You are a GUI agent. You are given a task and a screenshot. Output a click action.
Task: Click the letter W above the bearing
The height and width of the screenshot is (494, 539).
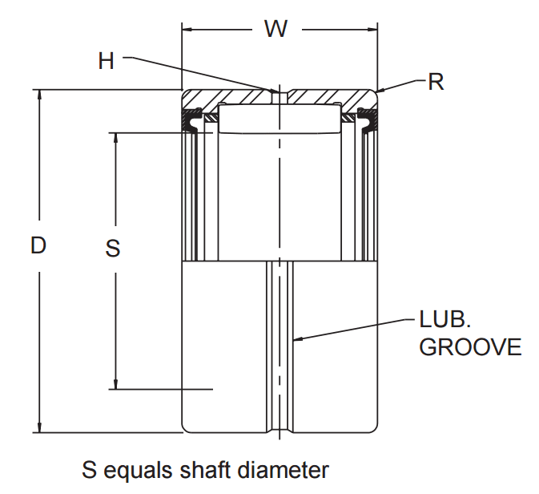276,30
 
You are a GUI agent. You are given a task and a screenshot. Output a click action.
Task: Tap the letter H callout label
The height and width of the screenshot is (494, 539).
107,61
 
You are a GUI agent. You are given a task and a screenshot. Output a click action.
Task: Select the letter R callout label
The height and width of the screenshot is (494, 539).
436,82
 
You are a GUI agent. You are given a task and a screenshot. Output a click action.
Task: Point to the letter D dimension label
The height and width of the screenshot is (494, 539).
38,245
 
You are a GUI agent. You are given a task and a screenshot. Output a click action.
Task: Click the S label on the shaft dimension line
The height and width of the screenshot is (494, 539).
114,249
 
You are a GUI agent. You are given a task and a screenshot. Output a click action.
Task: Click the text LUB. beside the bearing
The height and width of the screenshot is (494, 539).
444,320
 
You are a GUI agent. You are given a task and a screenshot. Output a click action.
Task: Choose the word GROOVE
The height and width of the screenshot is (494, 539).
471,347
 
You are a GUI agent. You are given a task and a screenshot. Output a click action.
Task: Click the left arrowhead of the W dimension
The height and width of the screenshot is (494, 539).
188,30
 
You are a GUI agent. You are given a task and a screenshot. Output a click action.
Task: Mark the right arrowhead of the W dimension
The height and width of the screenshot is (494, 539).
372,30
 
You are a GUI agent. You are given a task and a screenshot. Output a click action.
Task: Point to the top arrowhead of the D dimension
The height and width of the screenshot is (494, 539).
38,94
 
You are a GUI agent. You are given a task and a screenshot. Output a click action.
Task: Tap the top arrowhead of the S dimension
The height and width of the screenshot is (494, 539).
116,136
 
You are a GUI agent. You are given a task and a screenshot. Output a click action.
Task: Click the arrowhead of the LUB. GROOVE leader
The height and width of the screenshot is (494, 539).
298,339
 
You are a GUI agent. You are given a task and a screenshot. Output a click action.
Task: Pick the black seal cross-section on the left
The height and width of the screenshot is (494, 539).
192,121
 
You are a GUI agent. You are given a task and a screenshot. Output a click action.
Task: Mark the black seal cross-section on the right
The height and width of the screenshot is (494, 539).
368,121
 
